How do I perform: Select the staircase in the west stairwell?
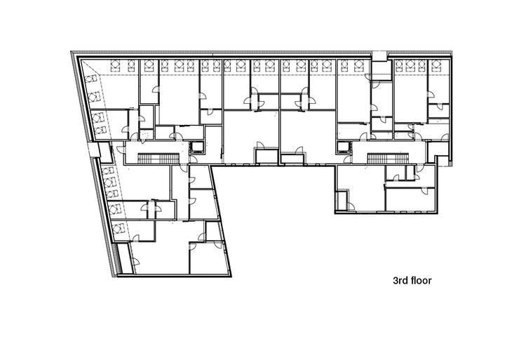coord(149,156)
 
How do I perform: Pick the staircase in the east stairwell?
coord(379,156)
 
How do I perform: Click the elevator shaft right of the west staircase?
coord(197,147)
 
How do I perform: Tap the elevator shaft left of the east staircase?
coord(343,147)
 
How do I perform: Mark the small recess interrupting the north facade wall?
coord(379,54)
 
